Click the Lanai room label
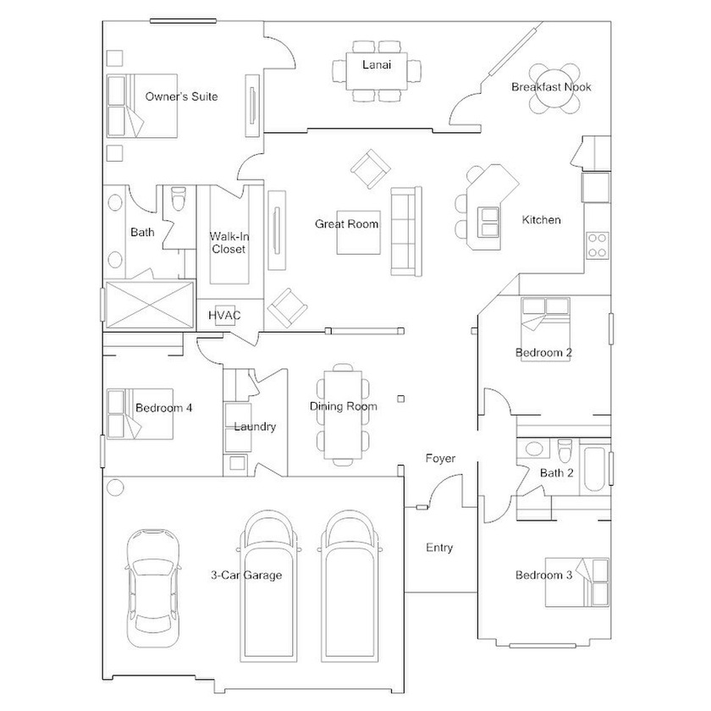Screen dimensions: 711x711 377,65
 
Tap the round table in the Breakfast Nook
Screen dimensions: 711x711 554,88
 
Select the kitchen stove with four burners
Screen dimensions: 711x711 598,245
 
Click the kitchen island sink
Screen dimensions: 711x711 488,222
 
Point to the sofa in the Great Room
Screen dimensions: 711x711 406,231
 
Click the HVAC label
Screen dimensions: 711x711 224,315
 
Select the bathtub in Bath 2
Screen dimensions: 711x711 593,470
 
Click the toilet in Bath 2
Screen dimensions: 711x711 565,450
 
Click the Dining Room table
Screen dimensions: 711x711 343,415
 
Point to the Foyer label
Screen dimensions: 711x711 440,459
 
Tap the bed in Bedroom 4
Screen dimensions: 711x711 140,414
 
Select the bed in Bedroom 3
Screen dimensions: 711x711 576,582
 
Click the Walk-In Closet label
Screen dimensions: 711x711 229,243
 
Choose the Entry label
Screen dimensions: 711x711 439,548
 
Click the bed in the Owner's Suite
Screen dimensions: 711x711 142,106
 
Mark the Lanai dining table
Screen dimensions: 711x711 377,71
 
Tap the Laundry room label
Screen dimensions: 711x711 255,427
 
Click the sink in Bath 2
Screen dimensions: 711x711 534,449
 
